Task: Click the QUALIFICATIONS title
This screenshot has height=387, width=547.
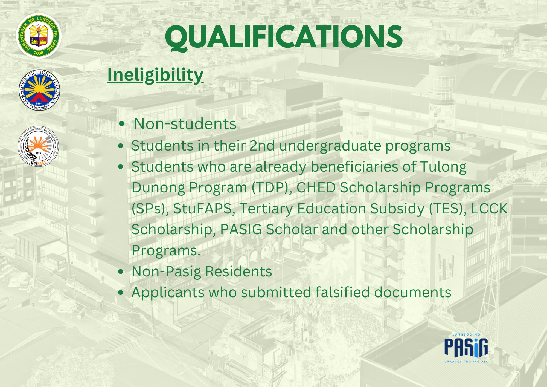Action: pyautogui.click(x=284, y=37)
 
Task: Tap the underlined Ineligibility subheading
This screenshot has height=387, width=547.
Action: pyautogui.click(x=155, y=75)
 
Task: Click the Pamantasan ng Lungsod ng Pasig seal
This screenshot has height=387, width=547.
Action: pyautogui.click(x=39, y=36)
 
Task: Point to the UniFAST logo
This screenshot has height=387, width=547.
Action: pyautogui.click(x=38, y=146)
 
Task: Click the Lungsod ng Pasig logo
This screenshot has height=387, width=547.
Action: pyautogui.click(x=466, y=348)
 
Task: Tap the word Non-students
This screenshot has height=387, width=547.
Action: pyautogui.click(x=185, y=124)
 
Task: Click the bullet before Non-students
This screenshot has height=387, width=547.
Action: pyautogui.click(x=122, y=124)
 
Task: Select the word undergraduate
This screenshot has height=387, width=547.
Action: pyautogui.click(x=330, y=146)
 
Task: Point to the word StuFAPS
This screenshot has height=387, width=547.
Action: pyautogui.click(x=202, y=209)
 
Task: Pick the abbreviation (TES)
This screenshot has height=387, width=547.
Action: pyautogui.click(x=448, y=209)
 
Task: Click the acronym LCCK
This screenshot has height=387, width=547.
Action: pyautogui.click(x=489, y=209)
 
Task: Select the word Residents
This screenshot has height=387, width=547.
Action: pyautogui.click(x=238, y=272)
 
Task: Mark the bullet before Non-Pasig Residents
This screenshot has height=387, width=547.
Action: pyautogui.click(x=121, y=272)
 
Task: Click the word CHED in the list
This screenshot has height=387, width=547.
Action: pyautogui.click(x=316, y=188)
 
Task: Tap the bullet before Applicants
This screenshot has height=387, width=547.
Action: pyautogui.click(x=121, y=292)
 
